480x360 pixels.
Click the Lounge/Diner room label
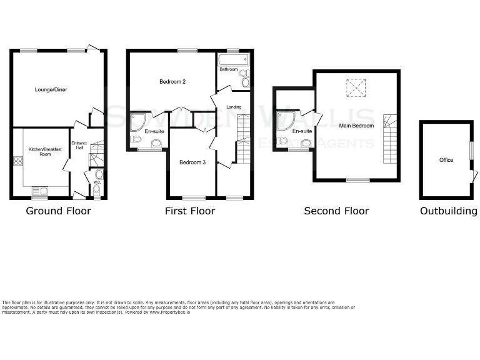click(x=51, y=90)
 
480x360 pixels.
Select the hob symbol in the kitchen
click(x=17, y=161)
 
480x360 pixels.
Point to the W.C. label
click(x=96, y=183)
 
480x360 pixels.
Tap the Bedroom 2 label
click(x=172, y=82)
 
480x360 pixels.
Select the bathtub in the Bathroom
click(x=232, y=61)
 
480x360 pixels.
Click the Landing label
click(x=234, y=107)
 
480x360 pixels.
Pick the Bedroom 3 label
click(x=192, y=162)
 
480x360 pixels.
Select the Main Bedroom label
click(x=356, y=126)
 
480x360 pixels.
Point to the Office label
click(x=446, y=160)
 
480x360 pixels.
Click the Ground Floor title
click(x=58, y=211)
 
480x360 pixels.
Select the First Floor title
click(x=190, y=211)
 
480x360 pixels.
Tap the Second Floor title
click(x=336, y=211)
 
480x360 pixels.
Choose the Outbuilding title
click(x=448, y=211)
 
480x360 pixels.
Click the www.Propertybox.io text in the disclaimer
click(x=170, y=312)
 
